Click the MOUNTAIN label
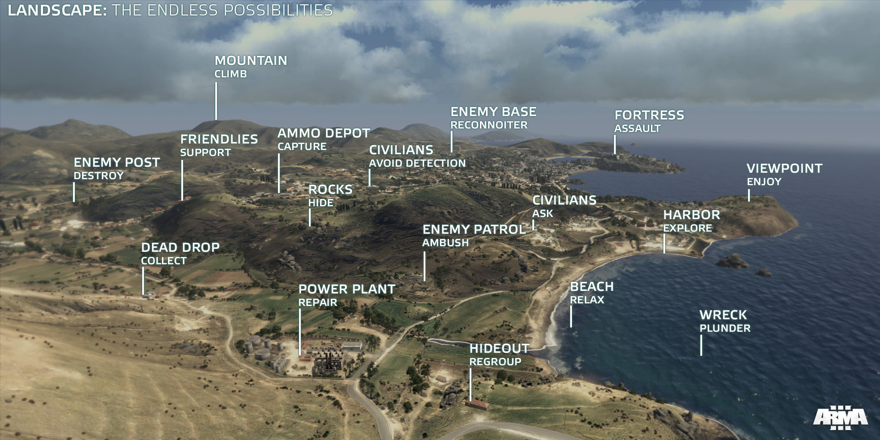coord(251,61)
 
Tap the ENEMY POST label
coord(116,162)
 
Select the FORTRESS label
coord(649,115)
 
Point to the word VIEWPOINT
coord(784,168)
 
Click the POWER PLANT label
coord(347,289)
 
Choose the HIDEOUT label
coord(499,348)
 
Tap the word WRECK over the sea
coord(723,315)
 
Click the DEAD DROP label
coord(180,247)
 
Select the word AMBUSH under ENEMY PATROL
coord(445,243)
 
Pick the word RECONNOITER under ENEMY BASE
coord(489,125)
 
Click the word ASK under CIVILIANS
coord(542,214)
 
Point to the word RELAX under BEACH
coord(587,300)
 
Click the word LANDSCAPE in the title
coord(57,10)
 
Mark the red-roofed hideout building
coord(476,405)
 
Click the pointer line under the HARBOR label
coord(664,243)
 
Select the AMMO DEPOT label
coord(324,133)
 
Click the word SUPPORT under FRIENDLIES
coord(205,153)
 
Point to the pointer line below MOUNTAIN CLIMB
coord(216,101)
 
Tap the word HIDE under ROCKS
coord(321,203)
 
